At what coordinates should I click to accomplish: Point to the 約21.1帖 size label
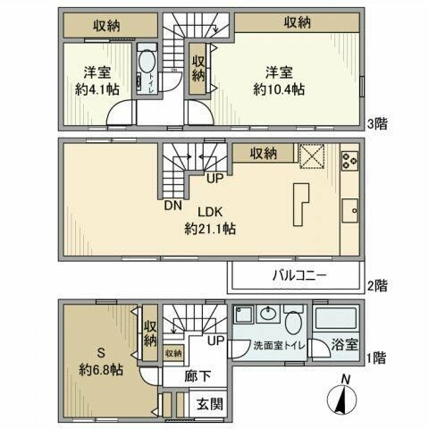click(x=210, y=229)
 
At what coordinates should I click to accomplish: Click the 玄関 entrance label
click(x=210, y=404)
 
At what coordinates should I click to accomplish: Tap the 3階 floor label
click(x=378, y=122)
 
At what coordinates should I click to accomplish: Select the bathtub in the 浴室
click(x=335, y=320)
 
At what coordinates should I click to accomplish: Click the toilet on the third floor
click(x=145, y=67)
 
